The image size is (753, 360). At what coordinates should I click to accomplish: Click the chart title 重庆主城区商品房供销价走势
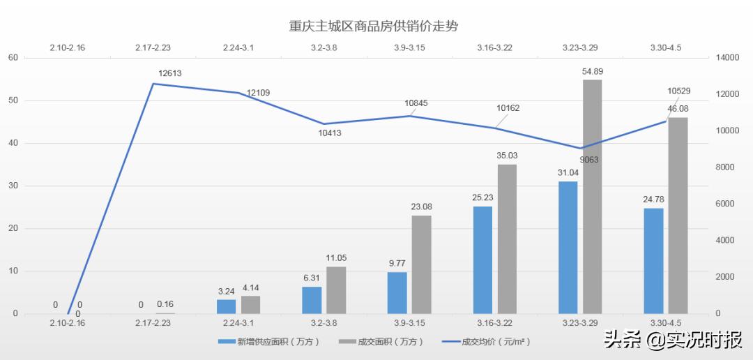coord(377,25)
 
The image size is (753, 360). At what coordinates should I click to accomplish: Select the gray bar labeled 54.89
coord(592,197)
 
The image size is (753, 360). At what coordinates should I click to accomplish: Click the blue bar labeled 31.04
coord(568,248)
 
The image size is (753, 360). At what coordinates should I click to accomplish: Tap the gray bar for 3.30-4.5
coord(678,216)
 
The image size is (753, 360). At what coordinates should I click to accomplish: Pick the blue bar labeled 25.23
coord(482,260)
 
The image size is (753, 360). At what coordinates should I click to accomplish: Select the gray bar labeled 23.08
coord(421,264)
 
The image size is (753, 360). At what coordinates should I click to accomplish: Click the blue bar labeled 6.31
coord(312,300)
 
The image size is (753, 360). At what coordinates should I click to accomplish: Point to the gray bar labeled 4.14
coord(250,305)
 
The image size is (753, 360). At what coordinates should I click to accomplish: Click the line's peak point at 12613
coord(153,84)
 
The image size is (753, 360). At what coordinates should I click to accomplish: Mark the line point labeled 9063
coord(580,149)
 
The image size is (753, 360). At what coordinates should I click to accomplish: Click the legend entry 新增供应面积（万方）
coord(265,342)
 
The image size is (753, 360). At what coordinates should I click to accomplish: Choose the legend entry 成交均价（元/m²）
coord(488,342)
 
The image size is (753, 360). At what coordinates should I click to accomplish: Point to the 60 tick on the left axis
coord(13,58)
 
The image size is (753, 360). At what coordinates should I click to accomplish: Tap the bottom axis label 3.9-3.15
coord(409,323)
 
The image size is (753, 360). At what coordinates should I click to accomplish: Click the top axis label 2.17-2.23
coord(153,47)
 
